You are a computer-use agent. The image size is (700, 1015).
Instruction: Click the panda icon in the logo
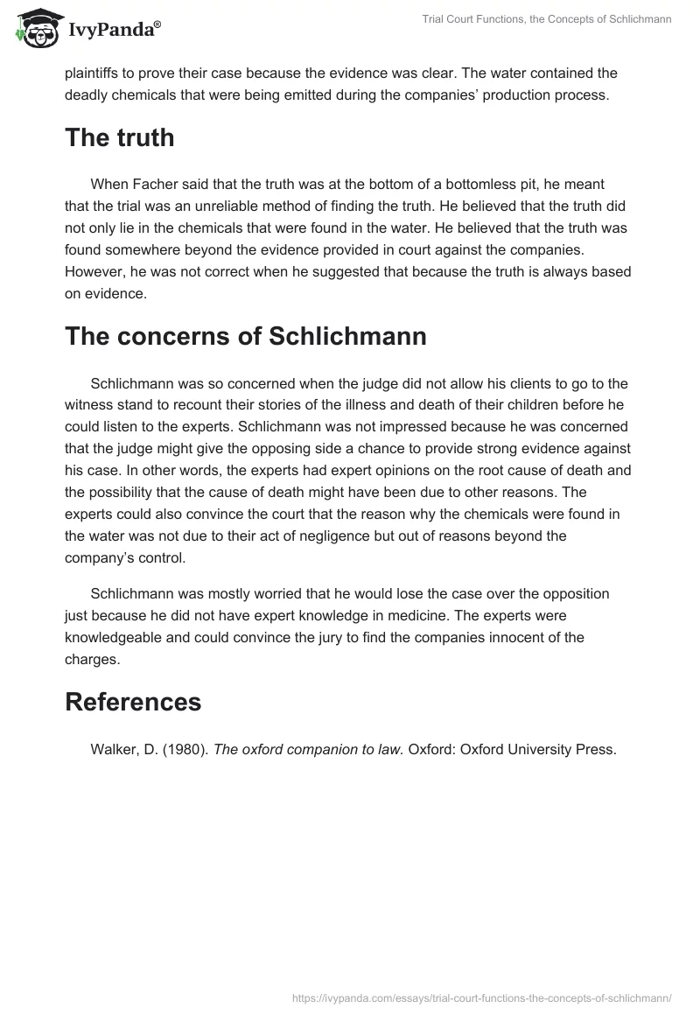tap(32, 28)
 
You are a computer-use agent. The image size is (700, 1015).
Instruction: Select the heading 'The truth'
tap(120, 137)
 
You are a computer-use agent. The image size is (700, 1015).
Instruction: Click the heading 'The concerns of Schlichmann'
tap(246, 336)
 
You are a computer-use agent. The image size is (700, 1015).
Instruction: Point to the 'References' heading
tap(133, 702)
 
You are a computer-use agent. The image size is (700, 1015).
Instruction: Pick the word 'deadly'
tap(89, 95)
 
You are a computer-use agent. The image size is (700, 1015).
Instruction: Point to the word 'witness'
tap(88, 404)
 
